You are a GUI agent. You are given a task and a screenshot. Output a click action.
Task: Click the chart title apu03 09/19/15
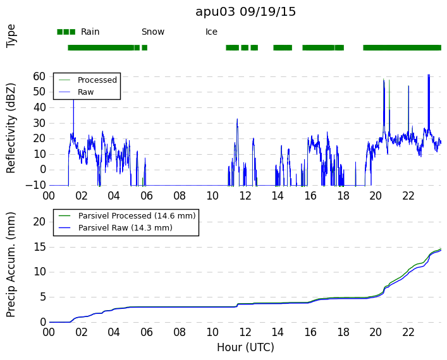(x=245, y=12)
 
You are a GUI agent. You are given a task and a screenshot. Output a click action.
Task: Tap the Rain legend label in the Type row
(x=90, y=32)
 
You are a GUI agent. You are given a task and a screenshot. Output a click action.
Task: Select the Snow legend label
(x=153, y=32)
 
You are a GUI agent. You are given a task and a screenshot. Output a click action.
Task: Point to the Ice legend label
(x=211, y=32)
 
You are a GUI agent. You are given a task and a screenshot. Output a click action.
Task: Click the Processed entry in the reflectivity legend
(x=97, y=80)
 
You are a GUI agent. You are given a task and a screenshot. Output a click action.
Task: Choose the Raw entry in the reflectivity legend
(x=85, y=92)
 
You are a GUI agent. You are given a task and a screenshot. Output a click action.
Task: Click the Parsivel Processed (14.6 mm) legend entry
(x=137, y=216)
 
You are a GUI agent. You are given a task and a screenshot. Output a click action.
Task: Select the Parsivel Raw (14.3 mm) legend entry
(x=125, y=228)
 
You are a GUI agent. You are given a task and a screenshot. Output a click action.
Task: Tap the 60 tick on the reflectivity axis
(x=39, y=76)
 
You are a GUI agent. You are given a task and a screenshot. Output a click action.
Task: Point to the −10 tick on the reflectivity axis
(x=35, y=186)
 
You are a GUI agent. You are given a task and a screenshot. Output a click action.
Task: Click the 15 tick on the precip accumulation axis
(x=40, y=247)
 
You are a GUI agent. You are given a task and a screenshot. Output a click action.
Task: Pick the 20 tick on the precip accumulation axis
(x=39, y=222)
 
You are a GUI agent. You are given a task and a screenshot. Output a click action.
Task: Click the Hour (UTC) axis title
(x=245, y=347)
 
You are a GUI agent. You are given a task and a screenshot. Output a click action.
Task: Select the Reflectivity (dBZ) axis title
(x=11, y=128)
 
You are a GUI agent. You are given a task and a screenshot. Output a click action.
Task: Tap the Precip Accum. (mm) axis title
(x=11, y=265)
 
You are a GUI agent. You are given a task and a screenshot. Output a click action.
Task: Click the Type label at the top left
(x=11, y=36)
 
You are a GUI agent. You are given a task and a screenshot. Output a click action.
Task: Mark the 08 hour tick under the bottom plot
(x=180, y=332)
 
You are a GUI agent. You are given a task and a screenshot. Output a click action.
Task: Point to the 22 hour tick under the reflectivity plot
(x=408, y=196)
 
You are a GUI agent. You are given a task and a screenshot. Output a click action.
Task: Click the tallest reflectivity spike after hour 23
(x=429, y=75)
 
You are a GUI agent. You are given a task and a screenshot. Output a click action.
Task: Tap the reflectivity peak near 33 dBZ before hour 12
(x=237, y=119)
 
